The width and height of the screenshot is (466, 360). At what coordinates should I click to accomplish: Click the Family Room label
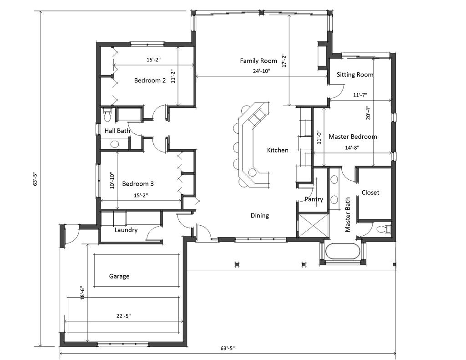point(258,61)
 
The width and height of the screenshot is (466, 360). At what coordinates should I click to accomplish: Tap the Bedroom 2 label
point(150,81)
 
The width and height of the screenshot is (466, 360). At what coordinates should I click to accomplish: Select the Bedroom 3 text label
point(138,184)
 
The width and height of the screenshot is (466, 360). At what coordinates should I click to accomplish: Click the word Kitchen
point(278,150)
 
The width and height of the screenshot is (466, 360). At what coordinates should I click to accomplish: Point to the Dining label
point(260,216)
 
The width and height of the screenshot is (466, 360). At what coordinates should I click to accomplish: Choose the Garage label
point(119,276)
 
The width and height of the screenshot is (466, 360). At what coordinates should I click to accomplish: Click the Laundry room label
point(126,230)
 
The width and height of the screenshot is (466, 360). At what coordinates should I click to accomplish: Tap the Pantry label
point(314,199)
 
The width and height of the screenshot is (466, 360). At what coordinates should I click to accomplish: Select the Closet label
point(370,193)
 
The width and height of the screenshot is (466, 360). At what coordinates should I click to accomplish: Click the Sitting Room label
point(355,75)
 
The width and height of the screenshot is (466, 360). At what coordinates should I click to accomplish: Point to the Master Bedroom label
point(353,137)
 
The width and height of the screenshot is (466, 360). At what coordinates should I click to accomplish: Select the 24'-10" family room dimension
point(262,71)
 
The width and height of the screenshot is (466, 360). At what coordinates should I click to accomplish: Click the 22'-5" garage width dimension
point(123,315)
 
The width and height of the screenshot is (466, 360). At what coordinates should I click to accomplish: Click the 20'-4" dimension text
point(368,112)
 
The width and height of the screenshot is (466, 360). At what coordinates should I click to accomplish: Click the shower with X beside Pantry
point(313,226)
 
